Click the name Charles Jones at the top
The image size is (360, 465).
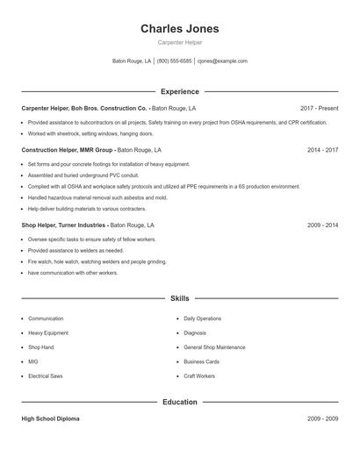pyautogui.click(x=179, y=28)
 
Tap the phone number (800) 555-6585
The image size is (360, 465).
pyautogui.click(x=174, y=61)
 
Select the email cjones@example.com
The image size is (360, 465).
pyautogui.click(x=222, y=61)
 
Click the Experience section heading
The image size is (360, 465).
pyautogui.click(x=179, y=91)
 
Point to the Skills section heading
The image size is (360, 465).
pyautogui.click(x=179, y=298)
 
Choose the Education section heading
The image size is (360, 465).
pyautogui.click(x=179, y=402)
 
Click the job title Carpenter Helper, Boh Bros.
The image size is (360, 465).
pyautogui.click(x=84, y=108)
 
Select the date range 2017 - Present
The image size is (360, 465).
pyautogui.click(x=319, y=108)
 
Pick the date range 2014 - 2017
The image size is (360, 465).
pyautogui.click(x=322, y=150)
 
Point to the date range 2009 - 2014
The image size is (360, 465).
pyautogui.click(x=322, y=225)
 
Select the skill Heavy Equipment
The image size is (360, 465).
pyautogui.click(x=48, y=333)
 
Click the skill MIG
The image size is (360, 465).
pyautogui.click(x=32, y=361)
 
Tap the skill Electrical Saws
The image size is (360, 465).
pyautogui.click(x=47, y=376)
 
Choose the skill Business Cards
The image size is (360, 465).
pyautogui.click(x=201, y=361)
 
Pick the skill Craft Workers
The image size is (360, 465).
pyautogui.click(x=199, y=376)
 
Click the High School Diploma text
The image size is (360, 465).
pyautogui.click(x=50, y=418)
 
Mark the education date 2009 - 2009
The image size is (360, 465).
pyautogui.click(x=322, y=418)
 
